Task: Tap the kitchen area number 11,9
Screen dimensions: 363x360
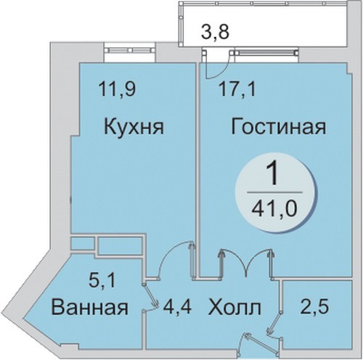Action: tap(117, 89)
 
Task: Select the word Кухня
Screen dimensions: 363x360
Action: tap(134, 127)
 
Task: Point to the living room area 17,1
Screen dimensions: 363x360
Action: tap(237, 89)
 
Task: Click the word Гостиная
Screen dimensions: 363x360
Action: tap(278, 127)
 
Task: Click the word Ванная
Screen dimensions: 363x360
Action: tap(90, 307)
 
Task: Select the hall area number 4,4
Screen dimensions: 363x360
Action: tap(177, 307)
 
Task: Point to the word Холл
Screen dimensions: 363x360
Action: tap(234, 307)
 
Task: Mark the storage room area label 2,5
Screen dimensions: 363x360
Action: tap(314, 306)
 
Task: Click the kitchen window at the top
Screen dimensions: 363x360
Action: tap(131, 50)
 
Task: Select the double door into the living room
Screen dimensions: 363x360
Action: tap(247, 263)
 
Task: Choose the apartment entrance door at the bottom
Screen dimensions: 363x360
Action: tap(261, 342)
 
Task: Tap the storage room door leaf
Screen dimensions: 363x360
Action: tap(274, 324)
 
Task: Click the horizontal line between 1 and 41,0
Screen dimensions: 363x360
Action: tap(274, 192)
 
